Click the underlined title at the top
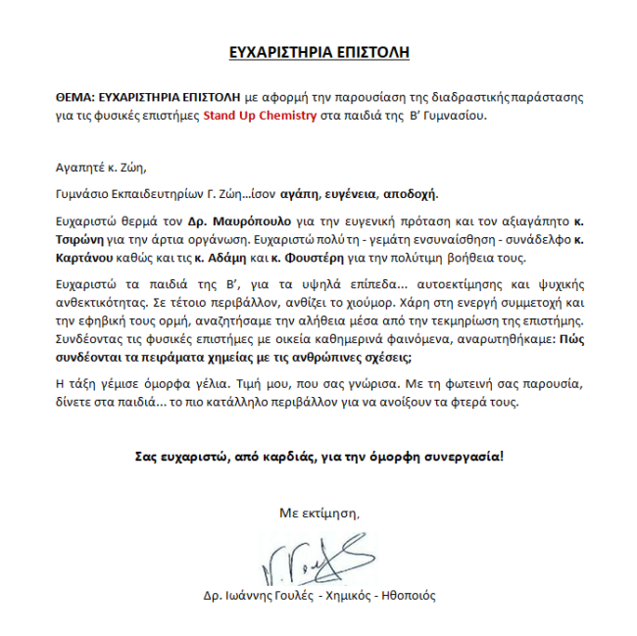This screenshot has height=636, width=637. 318,53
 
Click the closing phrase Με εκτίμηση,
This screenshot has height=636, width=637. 319,513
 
